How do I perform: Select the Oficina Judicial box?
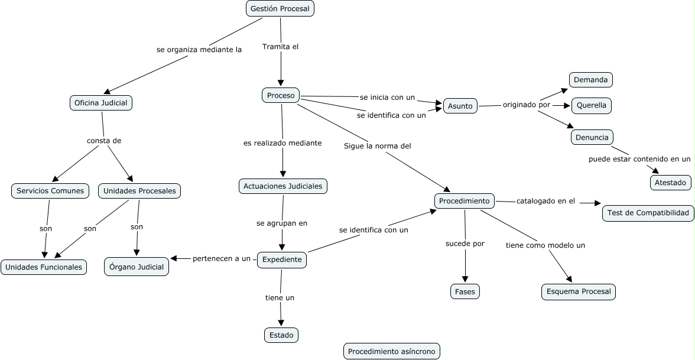(x=100, y=103)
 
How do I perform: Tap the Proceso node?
(x=281, y=95)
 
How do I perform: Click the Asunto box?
(x=460, y=106)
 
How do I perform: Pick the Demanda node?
(x=591, y=79)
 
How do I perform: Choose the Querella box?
(x=591, y=106)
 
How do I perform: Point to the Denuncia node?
(x=592, y=137)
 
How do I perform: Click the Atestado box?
(x=671, y=183)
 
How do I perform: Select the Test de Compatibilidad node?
(x=648, y=213)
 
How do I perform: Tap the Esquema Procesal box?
(x=579, y=292)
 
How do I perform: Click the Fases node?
(x=465, y=292)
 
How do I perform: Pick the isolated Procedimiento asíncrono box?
(x=391, y=351)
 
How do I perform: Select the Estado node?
(x=281, y=335)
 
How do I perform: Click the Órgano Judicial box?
(x=137, y=267)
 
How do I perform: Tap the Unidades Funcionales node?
(x=44, y=267)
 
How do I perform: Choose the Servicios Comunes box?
(x=50, y=191)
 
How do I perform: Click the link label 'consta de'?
(x=104, y=141)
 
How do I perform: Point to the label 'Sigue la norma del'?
(x=377, y=145)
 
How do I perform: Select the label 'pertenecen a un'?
(x=222, y=258)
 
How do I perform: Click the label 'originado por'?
(x=527, y=105)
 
